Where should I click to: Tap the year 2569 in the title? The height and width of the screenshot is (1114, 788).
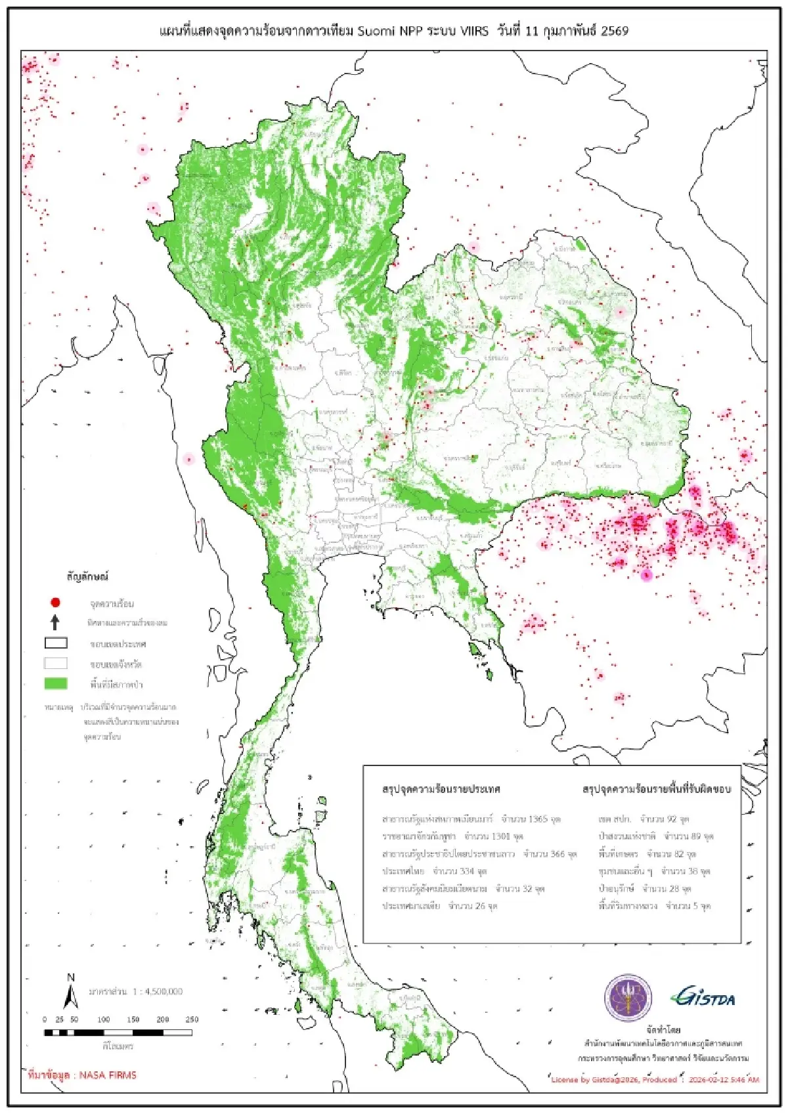point(613,31)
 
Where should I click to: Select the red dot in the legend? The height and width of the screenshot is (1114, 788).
point(56,602)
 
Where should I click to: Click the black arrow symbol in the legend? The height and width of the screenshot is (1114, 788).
point(55,622)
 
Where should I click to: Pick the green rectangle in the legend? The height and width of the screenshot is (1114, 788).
point(56,683)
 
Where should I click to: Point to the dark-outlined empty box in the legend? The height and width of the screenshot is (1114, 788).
point(56,643)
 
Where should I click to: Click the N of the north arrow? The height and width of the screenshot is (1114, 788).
point(71,977)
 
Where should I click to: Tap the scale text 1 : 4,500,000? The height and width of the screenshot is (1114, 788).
point(158,991)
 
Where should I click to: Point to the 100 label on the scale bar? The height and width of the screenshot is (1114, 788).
point(104,1019)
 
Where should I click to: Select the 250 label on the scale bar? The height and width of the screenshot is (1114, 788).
point(192,1019)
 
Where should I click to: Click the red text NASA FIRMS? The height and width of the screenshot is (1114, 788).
point(108,1075)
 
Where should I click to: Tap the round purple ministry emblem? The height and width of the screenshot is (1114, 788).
point(628,998)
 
